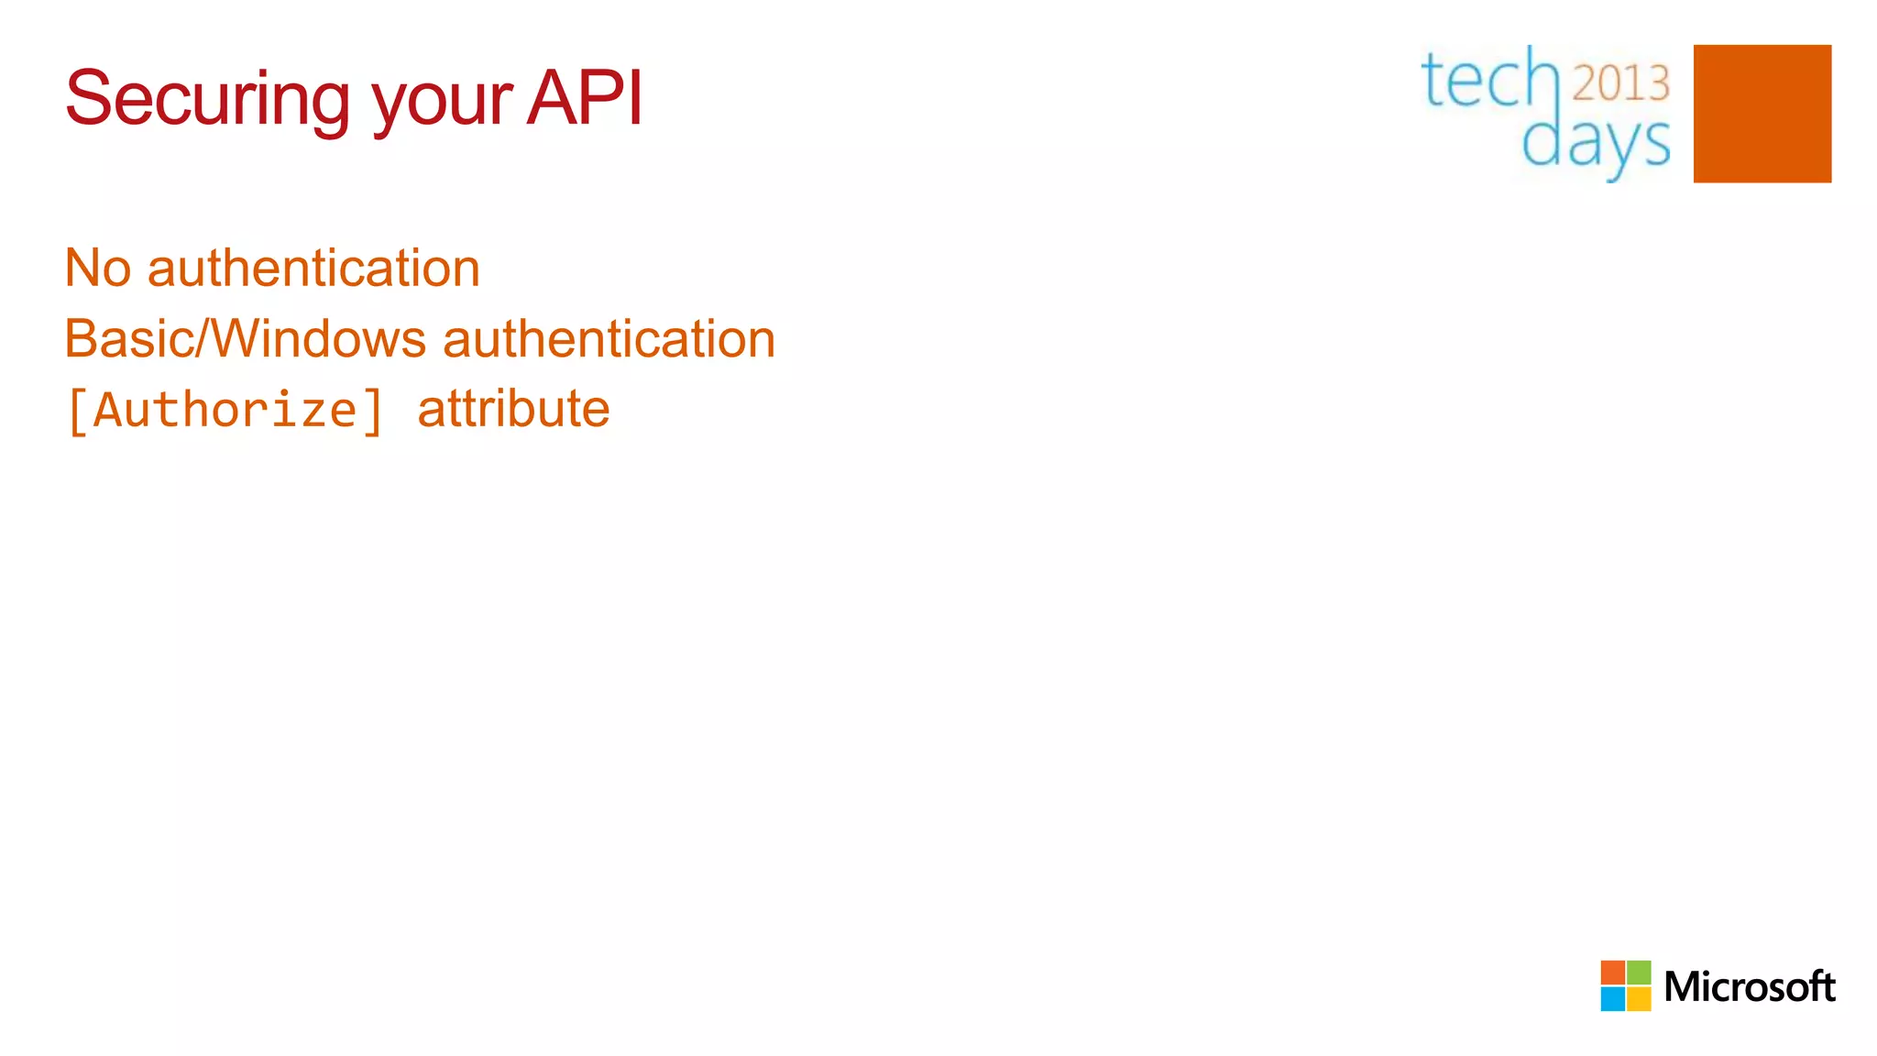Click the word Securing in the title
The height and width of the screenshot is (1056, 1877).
click(x=207, y=99)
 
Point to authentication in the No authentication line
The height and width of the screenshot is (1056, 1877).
click(x=313, y=269)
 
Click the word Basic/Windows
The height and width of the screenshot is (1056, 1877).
click(x=245, y=338)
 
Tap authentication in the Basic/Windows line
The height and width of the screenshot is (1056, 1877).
click(x=609, y=338)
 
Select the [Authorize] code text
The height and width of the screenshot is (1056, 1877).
click(x=225, y=410)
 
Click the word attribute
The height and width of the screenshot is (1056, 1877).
click(x=513, y=409)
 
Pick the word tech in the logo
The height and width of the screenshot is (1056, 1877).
click(x=1488, y=81)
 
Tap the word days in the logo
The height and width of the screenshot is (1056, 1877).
click(x=1596, y=143)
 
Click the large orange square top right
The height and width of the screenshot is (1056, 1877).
click(x=1762, y=114)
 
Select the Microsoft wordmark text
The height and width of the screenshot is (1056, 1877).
click(x=1749, y=987)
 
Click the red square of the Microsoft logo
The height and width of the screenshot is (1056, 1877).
click(x=1612, y=973)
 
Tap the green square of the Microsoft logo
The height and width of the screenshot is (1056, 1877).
click(x=1639, y=973)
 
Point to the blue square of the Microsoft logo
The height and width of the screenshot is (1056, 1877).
click(x=1612, y=999)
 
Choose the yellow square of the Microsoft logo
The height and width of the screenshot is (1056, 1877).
click(x=1639, y=999)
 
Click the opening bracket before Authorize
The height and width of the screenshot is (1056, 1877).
click(x=78, y=412)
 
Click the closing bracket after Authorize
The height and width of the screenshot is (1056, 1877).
click(x=372, y=412)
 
